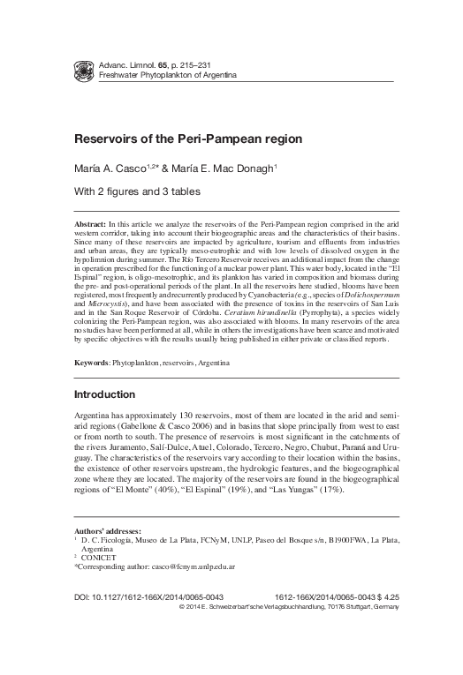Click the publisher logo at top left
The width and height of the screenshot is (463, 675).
tap(85, 70)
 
